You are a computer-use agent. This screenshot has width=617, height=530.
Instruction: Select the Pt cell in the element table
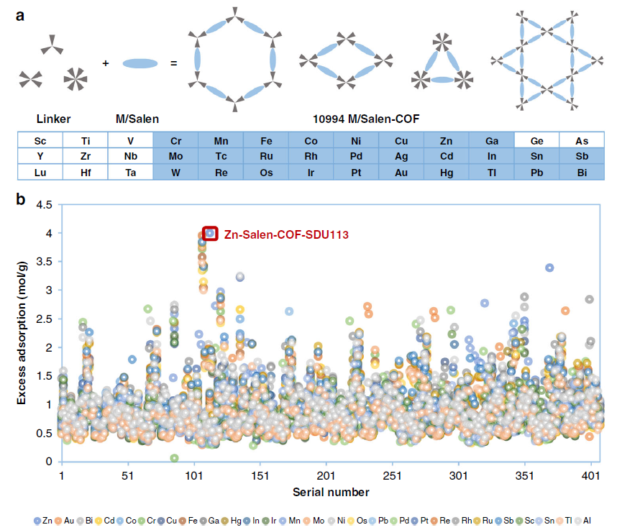[x=356, y=173]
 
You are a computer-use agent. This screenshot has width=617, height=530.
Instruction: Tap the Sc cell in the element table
[x=40, y=140]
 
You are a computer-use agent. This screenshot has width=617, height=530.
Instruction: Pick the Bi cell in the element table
[x=582, y=173]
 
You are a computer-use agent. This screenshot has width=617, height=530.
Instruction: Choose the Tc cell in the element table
[x=221, y=157]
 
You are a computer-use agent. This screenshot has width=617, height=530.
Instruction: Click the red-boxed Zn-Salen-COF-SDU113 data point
[x=210, y=233]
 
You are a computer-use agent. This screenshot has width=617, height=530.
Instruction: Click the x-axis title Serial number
[x=331, y=493]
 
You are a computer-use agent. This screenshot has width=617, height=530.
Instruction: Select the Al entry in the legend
[x=584, y=518]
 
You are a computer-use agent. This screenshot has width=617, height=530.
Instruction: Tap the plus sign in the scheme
[x=106, y=63]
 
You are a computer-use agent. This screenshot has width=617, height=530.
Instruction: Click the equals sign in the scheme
[x=173, y=63]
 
